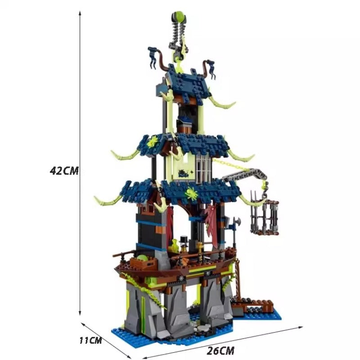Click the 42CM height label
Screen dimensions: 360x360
click(64, 171)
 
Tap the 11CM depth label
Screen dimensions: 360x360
click(90, 340)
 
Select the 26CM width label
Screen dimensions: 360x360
click(220, 351)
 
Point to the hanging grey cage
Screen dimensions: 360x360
click(264, 216)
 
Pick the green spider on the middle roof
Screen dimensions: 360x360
click(152, 142)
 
